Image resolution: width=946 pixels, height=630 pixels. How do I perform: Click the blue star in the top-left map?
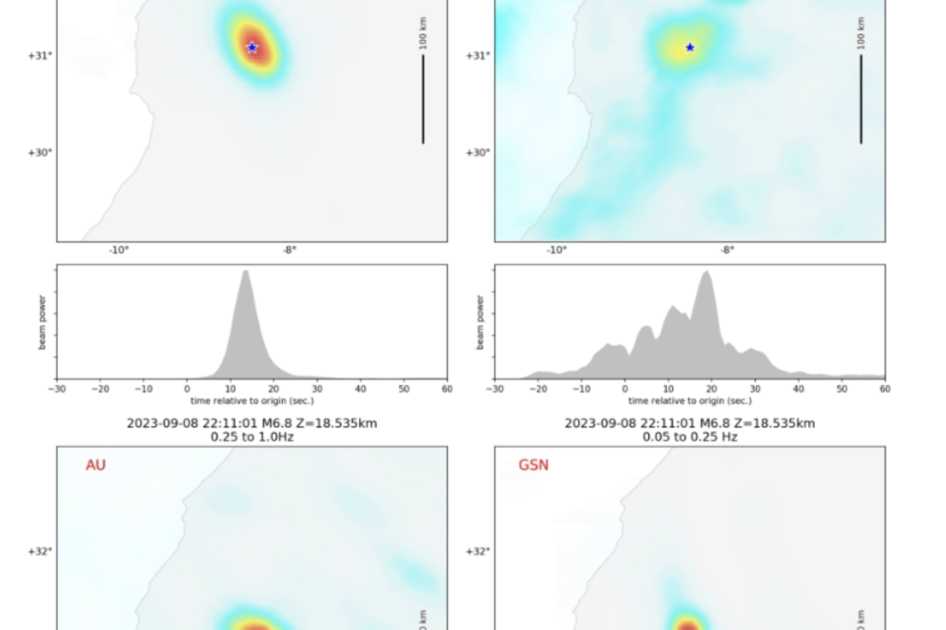point(252,47)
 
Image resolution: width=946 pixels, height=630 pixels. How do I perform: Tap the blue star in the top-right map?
point(690,47)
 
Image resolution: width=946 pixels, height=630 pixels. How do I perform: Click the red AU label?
point(96,465)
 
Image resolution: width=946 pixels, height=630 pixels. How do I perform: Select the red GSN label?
point(534,465)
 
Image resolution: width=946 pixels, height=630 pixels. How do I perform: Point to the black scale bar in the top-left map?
point(423,99)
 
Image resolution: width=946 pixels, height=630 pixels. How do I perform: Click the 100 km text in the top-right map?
point(861,33)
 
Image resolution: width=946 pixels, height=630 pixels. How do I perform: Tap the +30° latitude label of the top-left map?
point(40,152)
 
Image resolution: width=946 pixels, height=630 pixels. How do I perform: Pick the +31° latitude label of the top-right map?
point(477,55)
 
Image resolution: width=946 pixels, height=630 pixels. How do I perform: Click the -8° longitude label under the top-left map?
point(289,250)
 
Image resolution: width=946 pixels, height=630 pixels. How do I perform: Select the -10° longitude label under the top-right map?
point(556,250)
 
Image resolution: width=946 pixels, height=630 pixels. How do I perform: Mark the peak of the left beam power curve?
point(245,272)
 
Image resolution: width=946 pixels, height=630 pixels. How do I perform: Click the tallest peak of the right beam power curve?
point(707,272)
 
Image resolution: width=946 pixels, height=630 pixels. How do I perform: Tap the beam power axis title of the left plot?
point(42,322)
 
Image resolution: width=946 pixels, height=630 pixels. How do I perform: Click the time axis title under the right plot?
point(690,401)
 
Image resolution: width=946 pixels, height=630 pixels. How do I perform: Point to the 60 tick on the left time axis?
point(447,389)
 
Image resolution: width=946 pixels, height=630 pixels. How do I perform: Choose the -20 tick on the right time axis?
point(538,389)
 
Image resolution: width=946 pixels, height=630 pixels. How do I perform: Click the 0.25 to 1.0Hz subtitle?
point(252,437)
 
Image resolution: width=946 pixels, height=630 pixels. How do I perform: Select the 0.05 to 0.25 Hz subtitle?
point(690,437)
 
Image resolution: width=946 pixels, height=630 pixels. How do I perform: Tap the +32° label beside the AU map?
point(40,551)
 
